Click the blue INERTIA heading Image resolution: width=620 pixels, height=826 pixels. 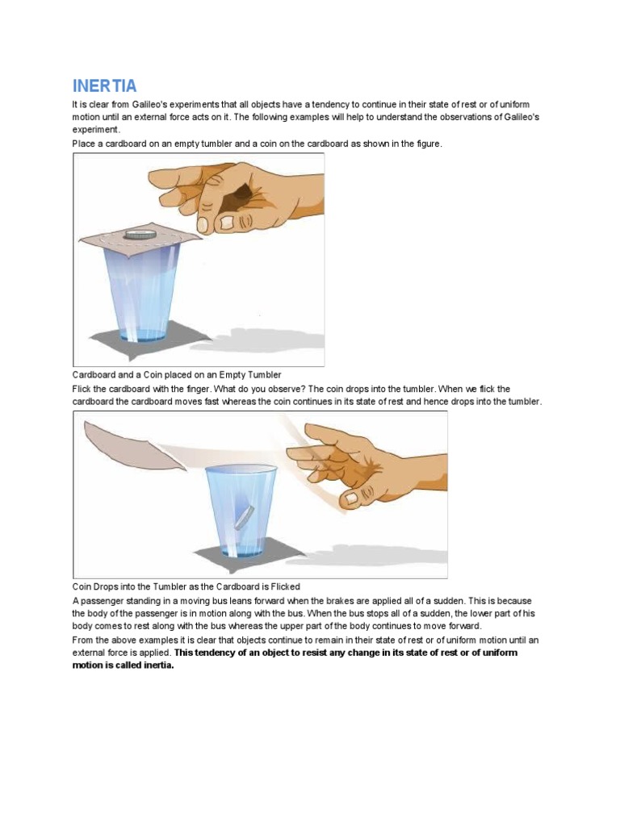pyautogui.click(x=104, y=86)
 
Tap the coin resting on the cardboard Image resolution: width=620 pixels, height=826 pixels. pyautogui.click(x=140, y=234)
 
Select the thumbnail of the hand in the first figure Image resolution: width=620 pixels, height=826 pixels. pyautogui.click(x=227, y=223)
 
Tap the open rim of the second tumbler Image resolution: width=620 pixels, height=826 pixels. pyautogui.click(x=241, y=469)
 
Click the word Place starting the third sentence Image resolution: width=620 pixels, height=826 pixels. pyautogui.click(x=82, y=144)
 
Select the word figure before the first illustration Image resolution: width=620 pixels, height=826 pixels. pyautogui.click(x=429, y=144)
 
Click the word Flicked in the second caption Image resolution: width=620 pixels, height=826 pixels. pyautogui.click(x=285, y=587)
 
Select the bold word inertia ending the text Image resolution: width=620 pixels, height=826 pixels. pyautogui.click(x=159, y=665)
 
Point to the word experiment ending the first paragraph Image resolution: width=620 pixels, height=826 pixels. pyautogui.click(x=96, y=130)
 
